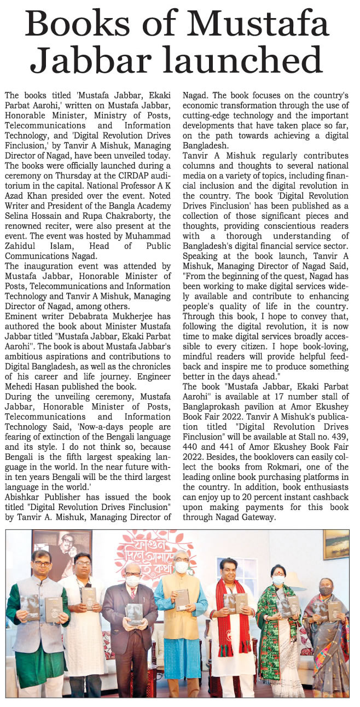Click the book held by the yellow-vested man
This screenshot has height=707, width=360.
pyautogui.click(x=182, y=599)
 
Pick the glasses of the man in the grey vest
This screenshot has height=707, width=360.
pyautogui.click(x=42, y=563)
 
